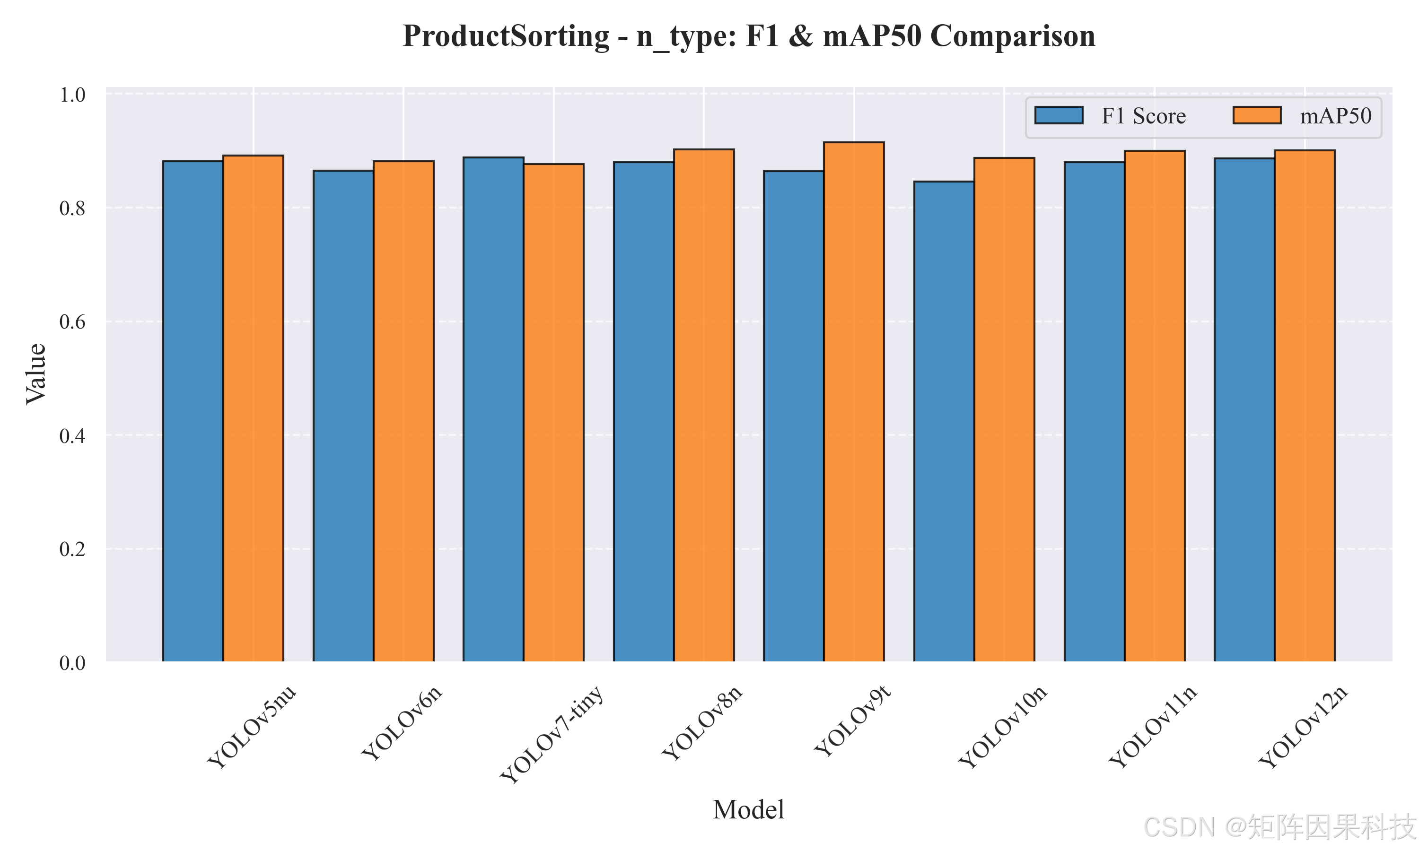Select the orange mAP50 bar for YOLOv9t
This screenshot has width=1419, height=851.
[854, 402]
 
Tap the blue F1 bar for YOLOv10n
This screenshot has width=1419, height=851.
[944, 422]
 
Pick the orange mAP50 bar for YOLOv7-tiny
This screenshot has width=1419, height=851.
[553, 413]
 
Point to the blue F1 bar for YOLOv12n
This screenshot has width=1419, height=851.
[1244, 410]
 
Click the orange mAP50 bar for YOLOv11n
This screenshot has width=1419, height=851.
[1155, 406]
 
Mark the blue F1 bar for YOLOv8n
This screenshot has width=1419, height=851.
[644, 412]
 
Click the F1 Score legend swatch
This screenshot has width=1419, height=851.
[1059, 115]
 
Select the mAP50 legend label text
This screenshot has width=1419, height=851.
[1336, 116]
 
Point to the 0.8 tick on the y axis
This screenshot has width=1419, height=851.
[72, 208]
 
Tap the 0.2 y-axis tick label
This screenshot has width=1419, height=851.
[72, 549]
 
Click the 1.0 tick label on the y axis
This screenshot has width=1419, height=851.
[72, 94]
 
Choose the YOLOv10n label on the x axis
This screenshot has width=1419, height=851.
[1003, 727]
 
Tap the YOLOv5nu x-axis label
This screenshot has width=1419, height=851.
[252, 727]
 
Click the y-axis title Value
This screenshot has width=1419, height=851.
[35, 374]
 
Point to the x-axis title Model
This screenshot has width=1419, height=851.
[748, 810]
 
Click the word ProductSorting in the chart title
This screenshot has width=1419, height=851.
[506, 36]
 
